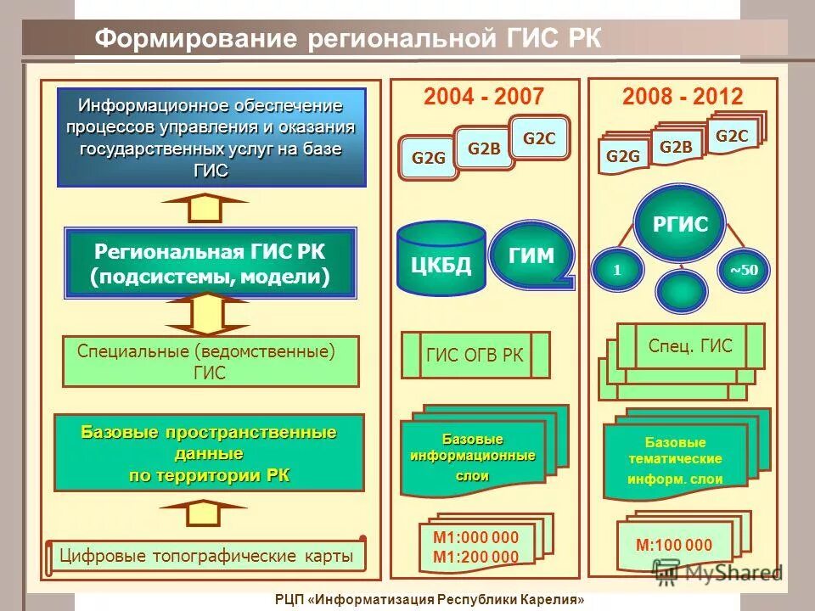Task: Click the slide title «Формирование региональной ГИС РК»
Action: (347, 39)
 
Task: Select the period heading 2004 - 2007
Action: (483, 96)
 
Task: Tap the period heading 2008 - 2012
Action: (682, 96)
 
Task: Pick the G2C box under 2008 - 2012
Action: (732, 135)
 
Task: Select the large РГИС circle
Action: (680, 224)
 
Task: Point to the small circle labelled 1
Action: (617, 270)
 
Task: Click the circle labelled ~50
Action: (744, 270)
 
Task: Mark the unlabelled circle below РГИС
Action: (681, 290)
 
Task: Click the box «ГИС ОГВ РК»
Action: (475, 355)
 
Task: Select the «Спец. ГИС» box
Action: (689, 345)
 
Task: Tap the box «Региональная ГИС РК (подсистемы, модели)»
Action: (211, 262)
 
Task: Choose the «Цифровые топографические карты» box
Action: (205, 557)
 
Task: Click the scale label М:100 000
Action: (674, 546)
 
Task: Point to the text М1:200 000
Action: (475, 557)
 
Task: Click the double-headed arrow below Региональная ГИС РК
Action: (206, 314)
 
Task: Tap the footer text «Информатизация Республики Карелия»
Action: (451, 600)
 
